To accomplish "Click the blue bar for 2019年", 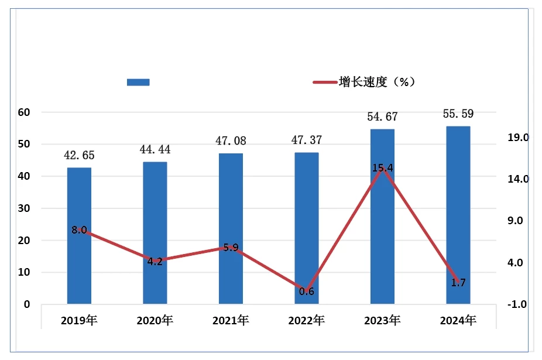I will pyautogui.click(x=79, y=235).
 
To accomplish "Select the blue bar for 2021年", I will pyautogui.click(x=231, y=228).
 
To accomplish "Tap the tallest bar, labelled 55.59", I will pyautogui.click(x=458, y=215).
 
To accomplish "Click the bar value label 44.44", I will pyautogui.click(x=155, y=150).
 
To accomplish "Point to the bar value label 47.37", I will pyautogui.click(x=306, y=140).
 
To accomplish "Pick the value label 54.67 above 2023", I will pyautogui.click(x=382, y=117).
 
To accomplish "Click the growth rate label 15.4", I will pyautogui.click(x=382, y=169).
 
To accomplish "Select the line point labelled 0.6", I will pyautogui.click(x=307, y=291).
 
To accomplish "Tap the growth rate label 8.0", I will pyautogui.click(x=79, y=230).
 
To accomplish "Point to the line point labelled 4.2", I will pyautogui.click(x=155, y=262).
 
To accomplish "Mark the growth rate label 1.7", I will pyautogui.click(x=458, y=283).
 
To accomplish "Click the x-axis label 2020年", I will pyautogui.click(x=155, y=320).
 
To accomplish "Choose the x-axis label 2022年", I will pyautogui.click(x=307, y=320).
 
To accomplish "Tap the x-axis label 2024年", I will pyautogui.click(x=458, y=320).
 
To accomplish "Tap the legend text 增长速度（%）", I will pyautogui.click(x=378, y=82).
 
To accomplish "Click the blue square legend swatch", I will pyautogui.click(x=138, y=82).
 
